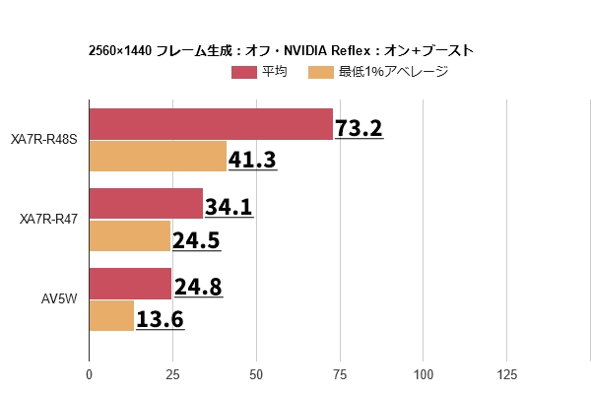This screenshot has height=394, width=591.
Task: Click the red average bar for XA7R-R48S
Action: (x=211, y=124)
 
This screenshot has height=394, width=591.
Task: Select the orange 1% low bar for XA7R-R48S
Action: (x=158, y=156)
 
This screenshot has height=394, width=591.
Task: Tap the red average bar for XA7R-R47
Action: (x=146, y=204)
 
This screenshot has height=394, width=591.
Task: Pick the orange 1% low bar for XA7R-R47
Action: (x=130, y=235)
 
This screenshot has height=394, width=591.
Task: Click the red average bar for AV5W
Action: (x=130, y=284)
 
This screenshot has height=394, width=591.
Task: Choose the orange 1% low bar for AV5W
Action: (x=111, y=315)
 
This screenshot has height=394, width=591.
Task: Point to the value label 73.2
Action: (x=359, y=128)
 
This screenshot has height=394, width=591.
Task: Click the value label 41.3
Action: (x=252, y=160)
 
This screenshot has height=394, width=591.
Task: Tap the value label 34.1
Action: (x=229, y=208)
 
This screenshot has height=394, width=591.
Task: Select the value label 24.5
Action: (x=197, y=239)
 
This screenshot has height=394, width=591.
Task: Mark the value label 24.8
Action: (x=197, y=288)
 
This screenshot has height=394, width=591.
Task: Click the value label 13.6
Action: (x=160, y=319)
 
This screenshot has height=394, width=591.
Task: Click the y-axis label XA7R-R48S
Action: (x=44, y=140)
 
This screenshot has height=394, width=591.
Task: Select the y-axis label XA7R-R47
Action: (x=49, y=220)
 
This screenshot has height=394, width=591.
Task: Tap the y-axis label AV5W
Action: (x=59, y=299)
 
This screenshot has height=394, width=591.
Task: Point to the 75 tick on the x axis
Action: (x=340, y=374)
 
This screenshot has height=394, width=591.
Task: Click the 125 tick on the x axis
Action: (x=506, y=374)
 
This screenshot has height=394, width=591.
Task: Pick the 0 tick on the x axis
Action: (x=90, y=374)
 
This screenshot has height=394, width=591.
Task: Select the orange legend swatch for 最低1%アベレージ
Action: (x=321, y=72)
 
